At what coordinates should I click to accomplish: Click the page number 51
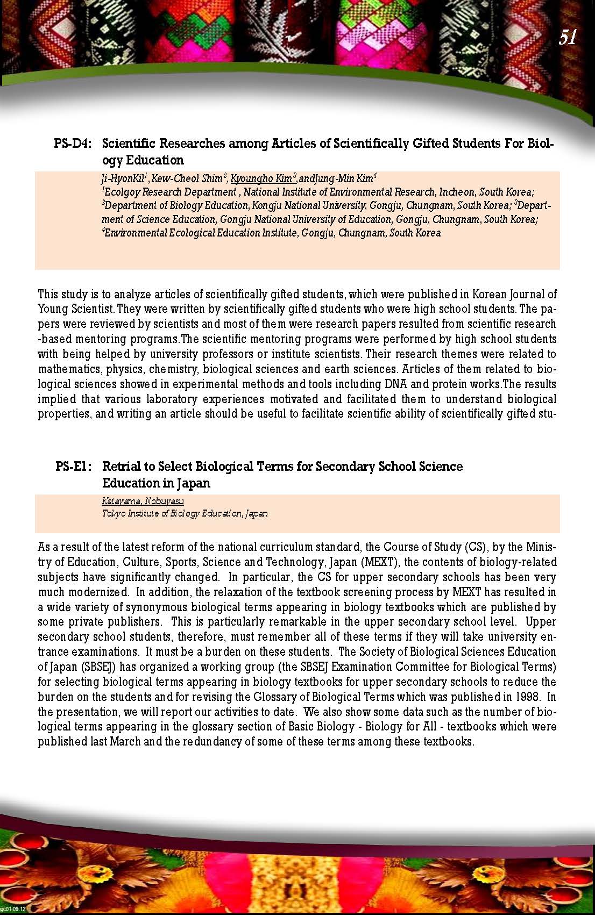pyautogui.click(x=568, y=37)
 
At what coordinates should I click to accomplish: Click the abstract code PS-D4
pyautogui.click(x=73, y=144)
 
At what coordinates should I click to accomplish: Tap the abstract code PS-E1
pyautogui.click(x=74, y=466)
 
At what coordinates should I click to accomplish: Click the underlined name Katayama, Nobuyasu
pyautogui.click(x=143, y=501)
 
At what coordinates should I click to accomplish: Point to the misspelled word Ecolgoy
pyautogui.click(x=121, y=192)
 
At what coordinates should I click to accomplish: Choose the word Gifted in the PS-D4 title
pyautogui.click(x=434, y=144)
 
